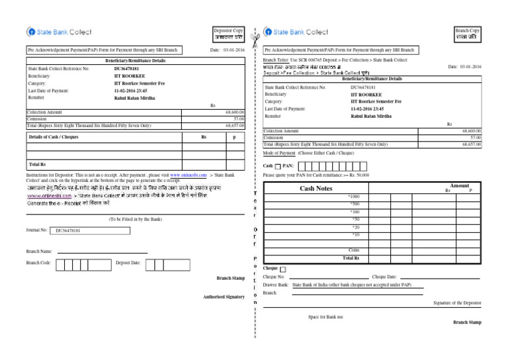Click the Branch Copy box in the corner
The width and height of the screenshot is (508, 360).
pos(467,34)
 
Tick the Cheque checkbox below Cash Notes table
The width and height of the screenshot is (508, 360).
pos(283,269)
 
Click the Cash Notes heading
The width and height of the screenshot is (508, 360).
pos(316,189)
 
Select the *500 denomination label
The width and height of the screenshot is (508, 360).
pos(355,204)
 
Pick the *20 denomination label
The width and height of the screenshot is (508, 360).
pos(356,227)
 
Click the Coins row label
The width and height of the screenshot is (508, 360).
pos(354,249)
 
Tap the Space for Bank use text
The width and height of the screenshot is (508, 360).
pos(325,317)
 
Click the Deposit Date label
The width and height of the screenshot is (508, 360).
pos(128,263)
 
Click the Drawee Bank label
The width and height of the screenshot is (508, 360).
pos(276,285)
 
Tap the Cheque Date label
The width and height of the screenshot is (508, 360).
pos(384,277)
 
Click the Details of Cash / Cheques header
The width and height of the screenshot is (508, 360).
pos(54,136)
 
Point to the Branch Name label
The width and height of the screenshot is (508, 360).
pos(40,251)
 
